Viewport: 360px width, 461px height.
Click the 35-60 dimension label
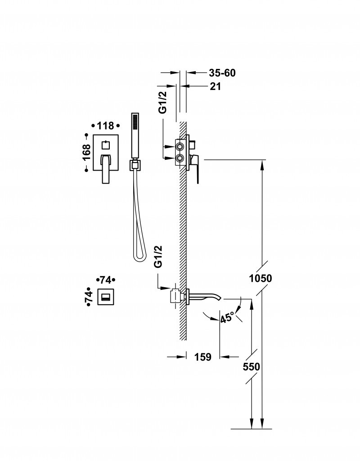[x=222, y=73]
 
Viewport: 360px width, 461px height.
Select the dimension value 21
[x=215, y=87]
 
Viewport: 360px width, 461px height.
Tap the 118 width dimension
[x=105, y=126]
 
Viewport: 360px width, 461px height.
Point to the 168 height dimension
[x=87, y=152]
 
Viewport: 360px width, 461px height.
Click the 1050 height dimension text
[x=261, y=278]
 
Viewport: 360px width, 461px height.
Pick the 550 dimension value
[x=251, y=367]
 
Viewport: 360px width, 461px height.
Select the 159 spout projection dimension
[x=202, y=357]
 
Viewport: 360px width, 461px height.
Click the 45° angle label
[x=228, y=317]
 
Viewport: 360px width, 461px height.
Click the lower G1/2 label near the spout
[x=158, y=257]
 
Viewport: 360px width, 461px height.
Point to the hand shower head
[x=134, y=135]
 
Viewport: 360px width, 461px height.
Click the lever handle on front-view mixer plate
[x=105, y=168]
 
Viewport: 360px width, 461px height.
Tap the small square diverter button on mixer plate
[x=105, y=145]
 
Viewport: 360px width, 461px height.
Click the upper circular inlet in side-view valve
[x=180, y=147]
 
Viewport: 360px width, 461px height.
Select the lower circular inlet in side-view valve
[x=180, y=158]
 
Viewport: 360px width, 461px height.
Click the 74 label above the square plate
[x=106, y=280]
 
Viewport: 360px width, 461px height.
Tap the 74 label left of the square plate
[x=89, y=296]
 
